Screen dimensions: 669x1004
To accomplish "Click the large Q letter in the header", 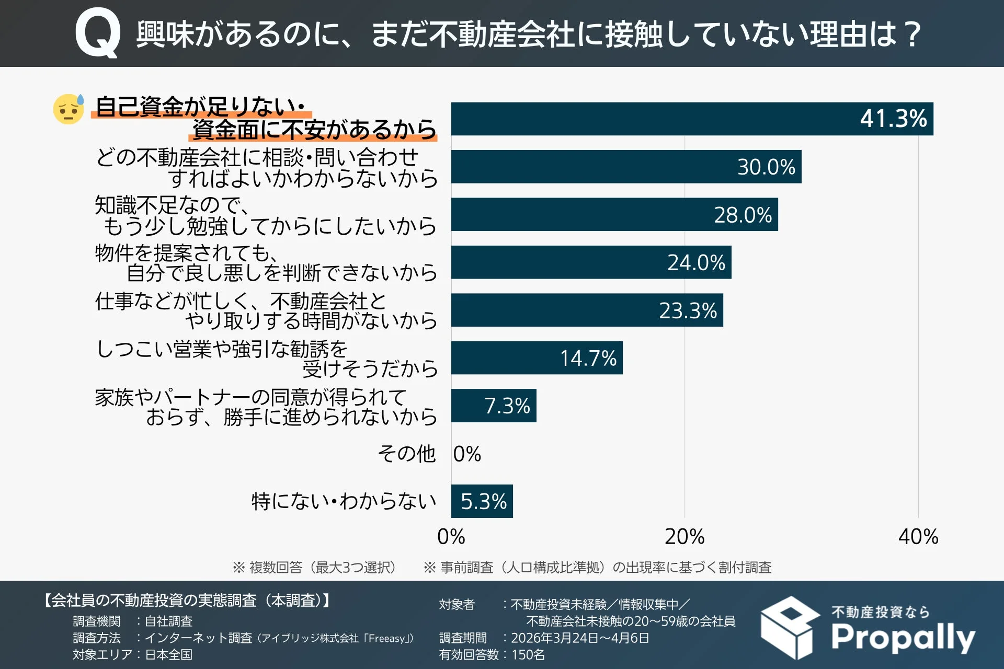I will coord(98,34).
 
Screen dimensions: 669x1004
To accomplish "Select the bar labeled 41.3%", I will coord(691,119).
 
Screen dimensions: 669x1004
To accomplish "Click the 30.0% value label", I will coord(766,167).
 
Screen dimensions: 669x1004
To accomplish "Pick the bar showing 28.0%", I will coord(614,214).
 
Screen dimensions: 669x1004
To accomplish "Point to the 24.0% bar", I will coord(591,262).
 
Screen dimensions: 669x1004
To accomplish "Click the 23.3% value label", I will coord(688,310).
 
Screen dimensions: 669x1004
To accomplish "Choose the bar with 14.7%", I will coord(537,358).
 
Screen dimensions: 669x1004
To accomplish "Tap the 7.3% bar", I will coord(493,406).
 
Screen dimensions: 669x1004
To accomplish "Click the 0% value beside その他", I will coord(467,454).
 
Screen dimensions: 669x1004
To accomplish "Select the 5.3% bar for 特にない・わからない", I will coord(482,501).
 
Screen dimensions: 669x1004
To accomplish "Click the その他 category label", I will coord(406,454).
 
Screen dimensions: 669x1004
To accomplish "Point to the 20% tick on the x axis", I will coord(684,537).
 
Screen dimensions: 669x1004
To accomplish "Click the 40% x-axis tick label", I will coord(918,537).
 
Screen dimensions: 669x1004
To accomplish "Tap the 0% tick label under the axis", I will coord(451,537).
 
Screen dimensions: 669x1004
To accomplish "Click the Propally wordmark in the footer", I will coord(903,637).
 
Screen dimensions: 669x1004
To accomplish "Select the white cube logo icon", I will coord(790,628).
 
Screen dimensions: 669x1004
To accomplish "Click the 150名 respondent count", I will coord(528,654).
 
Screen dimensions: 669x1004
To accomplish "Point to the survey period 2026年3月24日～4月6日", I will coord(579,638).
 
